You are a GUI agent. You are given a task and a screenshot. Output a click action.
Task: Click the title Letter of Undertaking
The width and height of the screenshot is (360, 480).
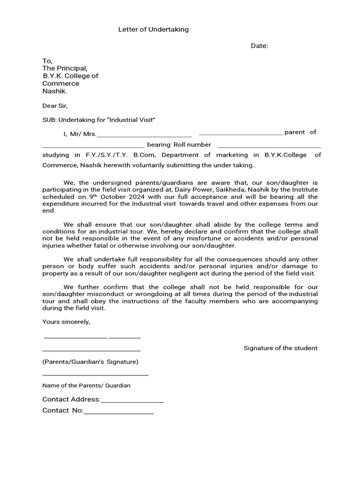pyautogui.click(x=153, y=30)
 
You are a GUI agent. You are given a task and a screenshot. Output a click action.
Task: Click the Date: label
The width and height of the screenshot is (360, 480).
pyautogui.click(x=259, y=46)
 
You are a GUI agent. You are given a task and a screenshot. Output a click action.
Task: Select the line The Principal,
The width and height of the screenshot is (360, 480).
pyautogui.click(x=65, y=68)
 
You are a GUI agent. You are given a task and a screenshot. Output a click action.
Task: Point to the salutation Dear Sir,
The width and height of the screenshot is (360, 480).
pyautogui.click(x=55, y=106)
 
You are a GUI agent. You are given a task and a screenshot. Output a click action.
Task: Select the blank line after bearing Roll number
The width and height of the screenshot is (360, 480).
pyautogui.click(x=270, y=147)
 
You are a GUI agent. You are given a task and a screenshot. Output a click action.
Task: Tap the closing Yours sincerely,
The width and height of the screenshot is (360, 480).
pyautogui.click(x=66, y=322)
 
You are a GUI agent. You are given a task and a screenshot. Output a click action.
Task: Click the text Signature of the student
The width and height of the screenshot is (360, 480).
pyautogui.click(x=280, y=348)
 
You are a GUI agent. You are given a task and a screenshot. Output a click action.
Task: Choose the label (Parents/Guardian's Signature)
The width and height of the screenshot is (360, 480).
pyautogui.click(x=90, y=362)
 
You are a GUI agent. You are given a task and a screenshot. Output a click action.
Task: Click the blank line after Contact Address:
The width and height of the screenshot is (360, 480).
pyautogui.click(x=132, y=402)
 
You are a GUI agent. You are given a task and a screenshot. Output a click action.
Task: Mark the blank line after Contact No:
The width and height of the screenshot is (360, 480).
pyautogui.click(x=119, y=413)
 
